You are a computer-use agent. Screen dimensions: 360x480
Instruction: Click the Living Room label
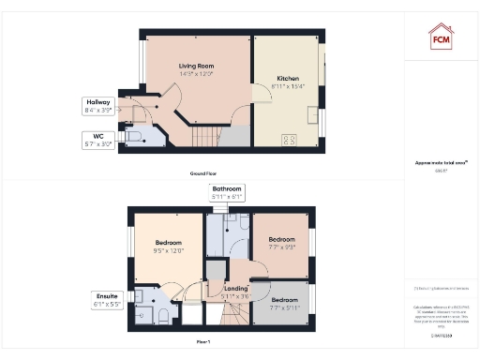point(198,70)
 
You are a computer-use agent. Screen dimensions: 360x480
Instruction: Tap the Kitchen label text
point(286,82)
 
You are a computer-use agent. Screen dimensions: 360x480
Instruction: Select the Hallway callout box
point(98,106)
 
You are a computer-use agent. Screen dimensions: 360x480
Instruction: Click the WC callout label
point(98,141)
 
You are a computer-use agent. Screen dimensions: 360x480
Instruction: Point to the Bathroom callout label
point(227,192)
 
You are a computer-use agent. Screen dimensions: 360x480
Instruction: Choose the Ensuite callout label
point(105,300)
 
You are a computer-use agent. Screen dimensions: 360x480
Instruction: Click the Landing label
point(235,292)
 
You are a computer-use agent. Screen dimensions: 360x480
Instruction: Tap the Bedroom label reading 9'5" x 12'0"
point(170,247)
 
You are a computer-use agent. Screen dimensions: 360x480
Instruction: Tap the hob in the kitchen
point(289,141)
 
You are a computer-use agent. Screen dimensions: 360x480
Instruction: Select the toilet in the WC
point(135,137)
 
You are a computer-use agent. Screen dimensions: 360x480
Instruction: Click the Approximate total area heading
point(441,163)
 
